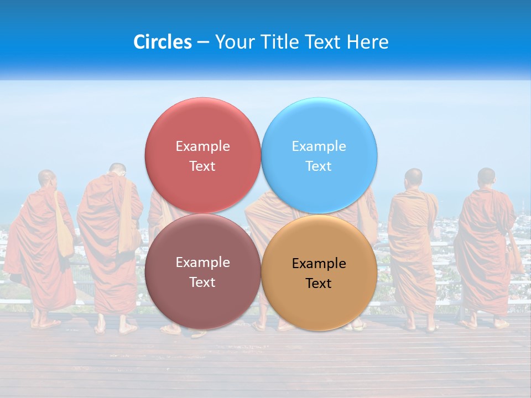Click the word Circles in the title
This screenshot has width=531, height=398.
162,42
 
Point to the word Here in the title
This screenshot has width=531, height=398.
367,42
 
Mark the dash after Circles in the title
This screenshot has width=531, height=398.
203,43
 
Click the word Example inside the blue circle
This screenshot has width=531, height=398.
319,146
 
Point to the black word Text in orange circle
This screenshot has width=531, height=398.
319,283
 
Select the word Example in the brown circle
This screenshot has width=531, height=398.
202,262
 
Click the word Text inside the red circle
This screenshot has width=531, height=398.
202,166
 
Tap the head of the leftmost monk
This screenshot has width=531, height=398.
47,179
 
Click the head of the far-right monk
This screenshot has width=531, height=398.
486,177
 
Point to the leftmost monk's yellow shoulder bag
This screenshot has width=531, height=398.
64,235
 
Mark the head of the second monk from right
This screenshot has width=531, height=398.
413,177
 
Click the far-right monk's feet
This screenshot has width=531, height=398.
485,324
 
